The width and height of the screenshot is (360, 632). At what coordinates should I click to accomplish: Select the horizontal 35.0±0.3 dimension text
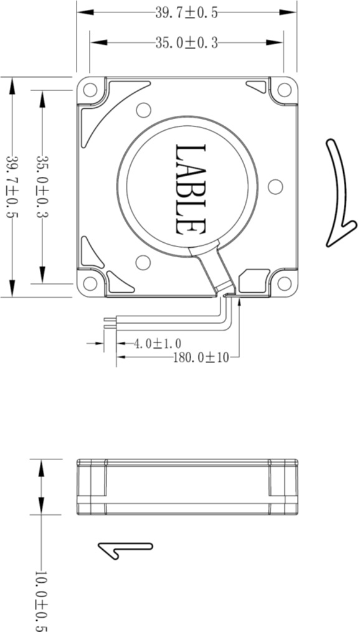click(186, 42)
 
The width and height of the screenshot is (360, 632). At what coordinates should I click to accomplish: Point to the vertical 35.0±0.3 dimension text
click(42, 187)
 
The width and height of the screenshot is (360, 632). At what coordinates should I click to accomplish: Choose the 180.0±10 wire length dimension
click(201, 357)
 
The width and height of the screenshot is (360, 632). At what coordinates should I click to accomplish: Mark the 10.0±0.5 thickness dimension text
click(41, 600)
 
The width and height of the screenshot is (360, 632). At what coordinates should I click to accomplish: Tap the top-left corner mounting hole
click(90, 90)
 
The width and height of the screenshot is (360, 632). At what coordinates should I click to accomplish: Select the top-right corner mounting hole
click(285, 90)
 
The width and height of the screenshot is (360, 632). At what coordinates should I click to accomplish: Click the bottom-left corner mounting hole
click(90, 284)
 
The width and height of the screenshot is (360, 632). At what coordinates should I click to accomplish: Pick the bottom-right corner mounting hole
click(285, 284)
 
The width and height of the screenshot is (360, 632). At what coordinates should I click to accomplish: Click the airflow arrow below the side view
click(125, 549)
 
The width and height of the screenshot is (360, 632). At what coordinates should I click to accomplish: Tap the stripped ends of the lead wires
click(110, 323)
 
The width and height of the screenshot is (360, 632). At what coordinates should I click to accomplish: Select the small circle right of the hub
click(274, 186)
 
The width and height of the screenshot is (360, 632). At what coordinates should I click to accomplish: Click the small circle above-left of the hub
click(143, 110)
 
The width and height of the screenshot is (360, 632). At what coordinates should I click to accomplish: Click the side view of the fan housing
click(187, 487)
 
